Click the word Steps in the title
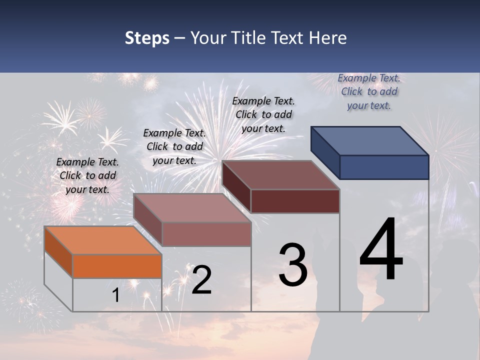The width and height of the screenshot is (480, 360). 147,38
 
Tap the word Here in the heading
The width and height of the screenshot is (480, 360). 328,38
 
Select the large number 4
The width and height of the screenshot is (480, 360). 381,250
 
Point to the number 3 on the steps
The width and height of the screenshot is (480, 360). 293,264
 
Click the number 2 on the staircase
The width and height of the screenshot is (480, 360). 201,280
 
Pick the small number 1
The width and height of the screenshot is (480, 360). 116,295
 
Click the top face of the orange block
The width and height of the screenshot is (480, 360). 102,240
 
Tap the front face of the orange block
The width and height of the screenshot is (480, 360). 117,266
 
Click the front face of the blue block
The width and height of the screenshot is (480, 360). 384,167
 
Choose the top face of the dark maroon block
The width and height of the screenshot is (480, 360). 280,175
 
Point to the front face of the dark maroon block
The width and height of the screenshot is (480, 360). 295,201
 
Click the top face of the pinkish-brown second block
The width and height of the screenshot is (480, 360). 191,208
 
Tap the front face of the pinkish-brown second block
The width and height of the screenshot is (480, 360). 206,234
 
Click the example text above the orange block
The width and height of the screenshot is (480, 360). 87,175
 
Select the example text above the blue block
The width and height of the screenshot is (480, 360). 369,91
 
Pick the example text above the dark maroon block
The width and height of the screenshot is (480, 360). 263,114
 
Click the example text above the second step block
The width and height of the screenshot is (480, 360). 174,146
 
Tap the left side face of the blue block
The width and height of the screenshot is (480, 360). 325,152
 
